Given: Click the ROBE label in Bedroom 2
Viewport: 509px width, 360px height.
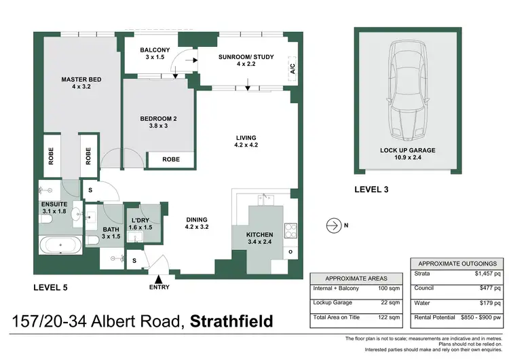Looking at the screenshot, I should (171, 160).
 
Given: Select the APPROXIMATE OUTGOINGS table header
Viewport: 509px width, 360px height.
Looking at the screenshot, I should (457, 264).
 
